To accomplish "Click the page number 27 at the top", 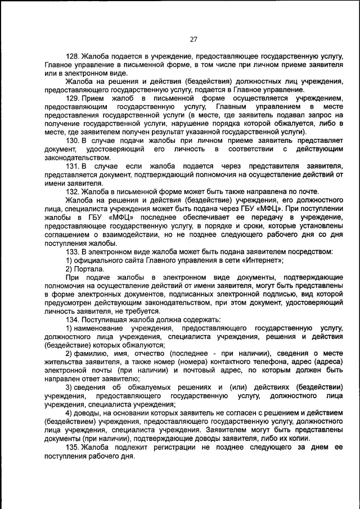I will (193, 39).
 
